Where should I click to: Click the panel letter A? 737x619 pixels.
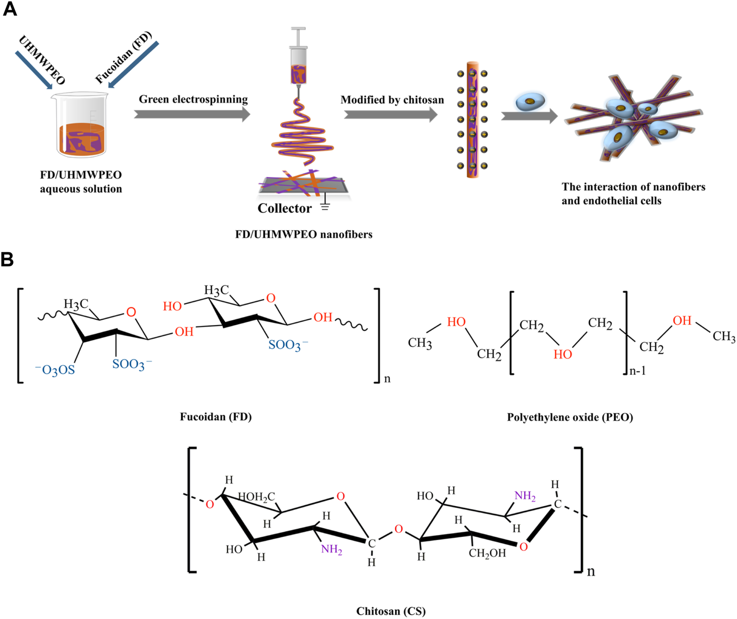[10, 9]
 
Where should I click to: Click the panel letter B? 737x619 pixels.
[7, 260]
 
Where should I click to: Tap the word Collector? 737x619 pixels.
[284, 208]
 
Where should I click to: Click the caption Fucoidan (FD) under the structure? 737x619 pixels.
[216, 417]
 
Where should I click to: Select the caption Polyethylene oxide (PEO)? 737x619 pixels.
[570, 417]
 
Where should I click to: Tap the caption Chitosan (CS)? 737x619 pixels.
[391, 611]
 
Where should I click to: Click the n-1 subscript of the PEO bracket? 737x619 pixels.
[638, 370]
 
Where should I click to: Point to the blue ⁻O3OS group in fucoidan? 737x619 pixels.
[55, 370]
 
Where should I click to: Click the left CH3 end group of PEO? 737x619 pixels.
[420, 343]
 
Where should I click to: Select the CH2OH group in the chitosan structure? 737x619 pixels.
[487, 554]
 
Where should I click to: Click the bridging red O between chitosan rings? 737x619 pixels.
[398, 529]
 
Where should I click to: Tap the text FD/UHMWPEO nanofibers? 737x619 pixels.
[304, 234]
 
